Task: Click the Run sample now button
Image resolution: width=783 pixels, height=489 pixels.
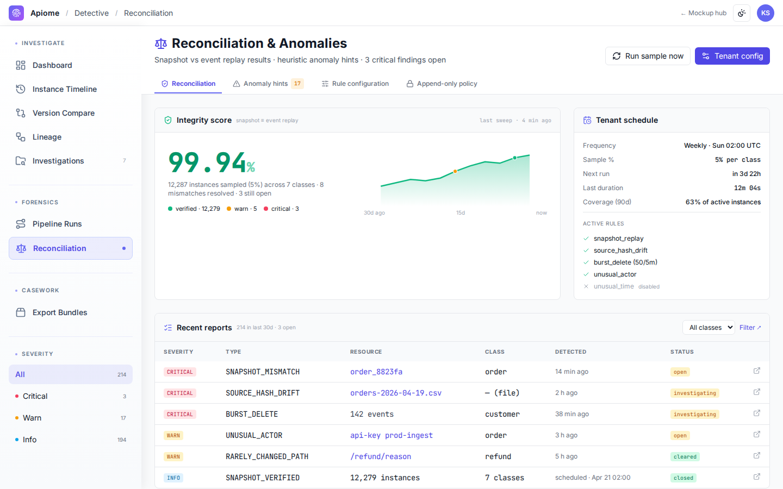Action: click(x=648, y=56)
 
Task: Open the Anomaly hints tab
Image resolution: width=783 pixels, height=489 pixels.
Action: click(x=268, y=84)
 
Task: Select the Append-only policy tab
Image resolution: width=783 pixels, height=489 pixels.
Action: click(x=442, y=84)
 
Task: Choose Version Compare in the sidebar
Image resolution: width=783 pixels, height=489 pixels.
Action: click(x=63, y=113)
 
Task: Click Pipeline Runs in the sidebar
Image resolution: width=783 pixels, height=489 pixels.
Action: click(x=57, y=224)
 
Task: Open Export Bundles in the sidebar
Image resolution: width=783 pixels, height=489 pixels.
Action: click(x=60, y=312)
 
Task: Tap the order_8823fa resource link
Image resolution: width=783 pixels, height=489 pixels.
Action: click(x=376, y=372)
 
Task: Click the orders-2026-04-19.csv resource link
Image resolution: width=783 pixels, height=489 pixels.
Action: click(x=396, y=393)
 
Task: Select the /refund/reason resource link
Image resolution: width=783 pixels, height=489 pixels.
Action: click(x=381, y=456)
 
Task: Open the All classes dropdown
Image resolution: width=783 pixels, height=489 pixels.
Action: click(x=709, y=328)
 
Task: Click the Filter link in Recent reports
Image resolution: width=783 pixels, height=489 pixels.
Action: click(x=750, y=328)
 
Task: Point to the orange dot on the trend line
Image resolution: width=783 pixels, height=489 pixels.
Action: click(x=455, y=172)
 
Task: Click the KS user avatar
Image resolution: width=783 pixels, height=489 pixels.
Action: click(x=765, y=13)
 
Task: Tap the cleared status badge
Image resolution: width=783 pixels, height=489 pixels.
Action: click(x=685, y=456)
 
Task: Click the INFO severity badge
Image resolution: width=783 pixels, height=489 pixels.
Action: click(x=173, y=478)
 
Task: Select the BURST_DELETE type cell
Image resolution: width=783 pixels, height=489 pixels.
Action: click(x=252, y=414)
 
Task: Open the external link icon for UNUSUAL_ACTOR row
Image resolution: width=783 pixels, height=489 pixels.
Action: click(x=757, y=435)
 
